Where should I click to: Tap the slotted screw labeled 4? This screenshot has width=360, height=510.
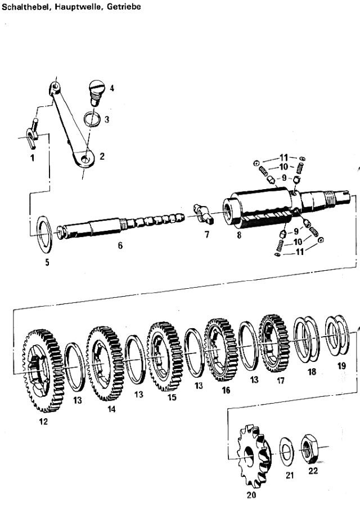tap(96, 92)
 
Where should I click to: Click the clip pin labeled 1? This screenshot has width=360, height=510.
tap(33, 133)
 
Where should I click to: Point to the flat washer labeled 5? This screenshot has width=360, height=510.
tap(45, 234)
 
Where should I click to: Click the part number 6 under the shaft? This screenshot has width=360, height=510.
tap(120, 245)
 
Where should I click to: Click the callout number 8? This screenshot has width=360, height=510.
tap(239, 235)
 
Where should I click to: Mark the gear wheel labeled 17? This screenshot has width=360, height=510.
tap(273, 343)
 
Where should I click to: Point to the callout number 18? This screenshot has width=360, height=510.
tap(312, 372)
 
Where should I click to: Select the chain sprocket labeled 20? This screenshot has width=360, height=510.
tap(254, 456)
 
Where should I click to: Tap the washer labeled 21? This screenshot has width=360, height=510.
tap(286, 451)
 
